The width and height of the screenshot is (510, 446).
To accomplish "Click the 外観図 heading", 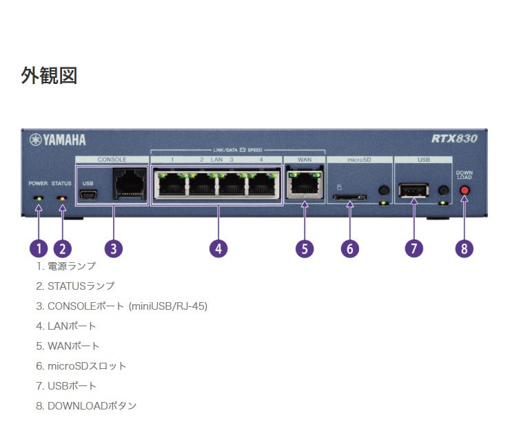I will [49, 76].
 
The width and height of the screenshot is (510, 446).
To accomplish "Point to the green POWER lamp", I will [39, 198].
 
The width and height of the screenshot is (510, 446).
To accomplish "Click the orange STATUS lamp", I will [62, 198].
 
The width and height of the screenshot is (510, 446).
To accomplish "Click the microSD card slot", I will [349, 198].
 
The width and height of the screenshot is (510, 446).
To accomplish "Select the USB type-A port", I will [414, 190].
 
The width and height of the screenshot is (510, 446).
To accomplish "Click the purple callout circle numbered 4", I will [218, 248].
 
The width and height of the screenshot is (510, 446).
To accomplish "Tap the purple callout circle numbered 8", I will [465, 248].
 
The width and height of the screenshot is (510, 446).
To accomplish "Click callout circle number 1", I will [39, 248].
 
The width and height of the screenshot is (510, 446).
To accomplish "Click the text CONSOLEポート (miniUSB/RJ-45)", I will [127, 306].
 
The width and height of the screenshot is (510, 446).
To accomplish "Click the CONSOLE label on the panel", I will [112, 159].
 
